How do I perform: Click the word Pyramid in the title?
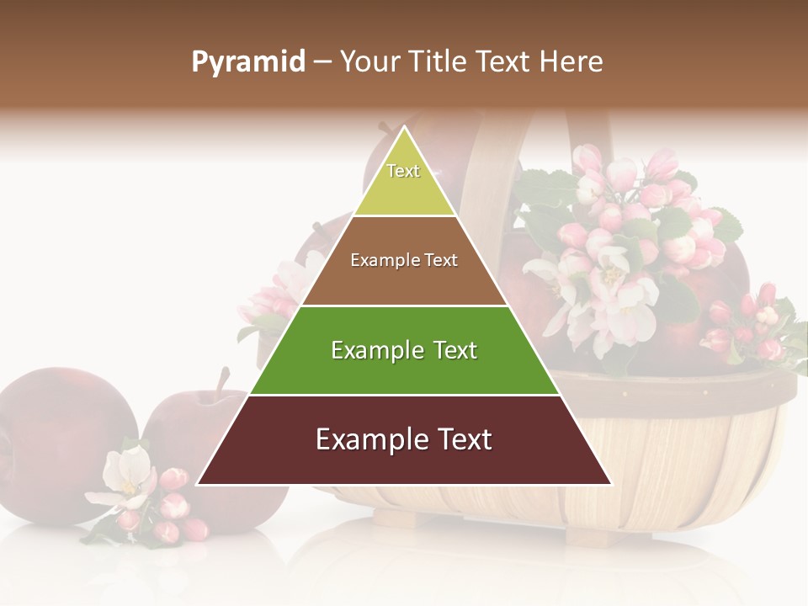click(x=247, y=61)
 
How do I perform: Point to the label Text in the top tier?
click(x=403, y=171)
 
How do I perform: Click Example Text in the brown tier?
click(x=404, y=260)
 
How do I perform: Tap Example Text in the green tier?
click(x=404, y=350)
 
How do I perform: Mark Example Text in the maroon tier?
click(x=404, y=439)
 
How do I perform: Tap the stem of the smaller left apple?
click(x=223, y=383)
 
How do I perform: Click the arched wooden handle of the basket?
click(x=488, y=168)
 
